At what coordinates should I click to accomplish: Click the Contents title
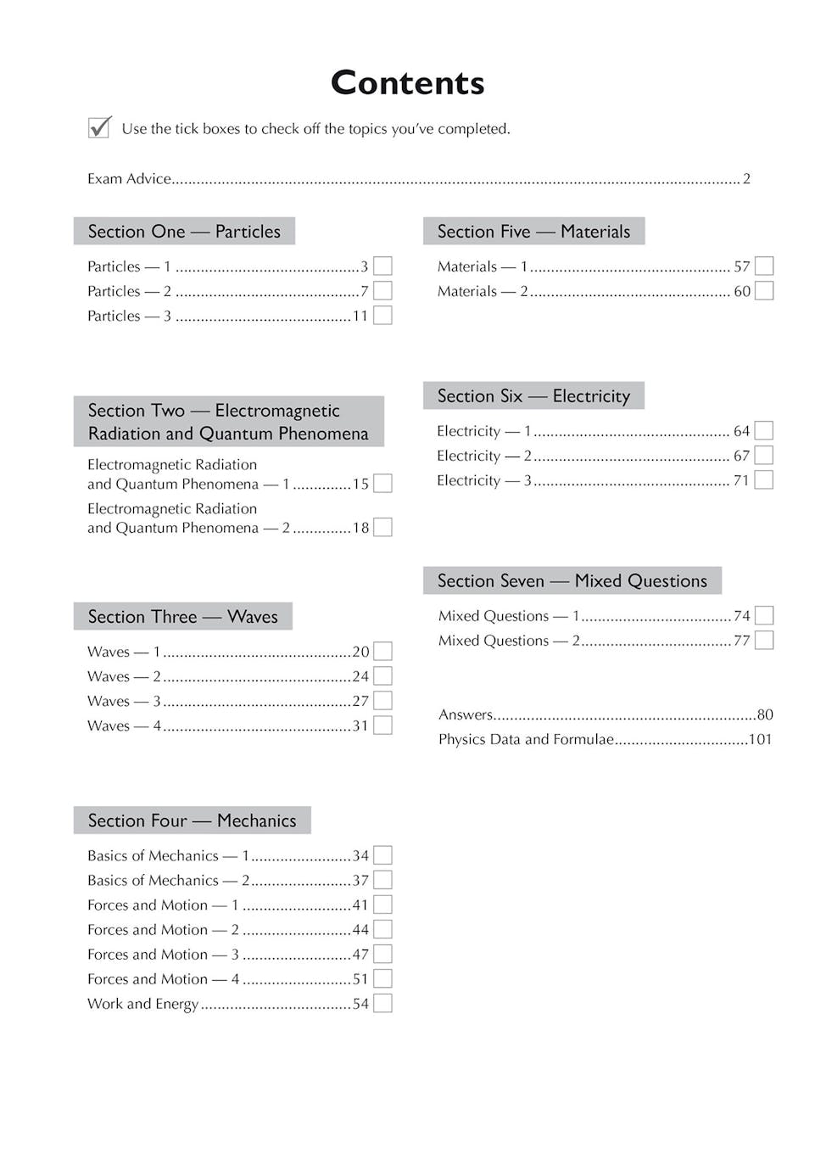pyautogui.click(x=407, y=83)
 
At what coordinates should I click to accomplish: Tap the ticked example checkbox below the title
pyautogui.click(x=99, y=127)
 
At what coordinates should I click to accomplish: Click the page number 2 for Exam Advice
pyautogui.click(x=746, y=179)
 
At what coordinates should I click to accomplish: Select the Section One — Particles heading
pyautogui.click(x=184, y=232)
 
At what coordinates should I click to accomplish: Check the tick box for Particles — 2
pyautogui.click(x=382, y=291)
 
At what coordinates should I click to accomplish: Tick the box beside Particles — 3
pyautogui.click(x=382, y=316)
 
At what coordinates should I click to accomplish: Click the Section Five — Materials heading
pyautogui.click(x=533, y=232)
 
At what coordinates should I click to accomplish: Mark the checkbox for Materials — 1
pyautogui.click(x=763, y=266)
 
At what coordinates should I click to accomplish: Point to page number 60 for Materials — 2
pyautogui.click(x=742, y=291)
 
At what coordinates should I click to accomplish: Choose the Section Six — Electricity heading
pyautogui.click(x=533, y=396)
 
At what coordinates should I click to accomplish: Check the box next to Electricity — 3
pyautogui.click(x=763, y=480)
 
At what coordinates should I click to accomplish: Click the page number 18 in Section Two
pyautogui.click(x=360, y=528)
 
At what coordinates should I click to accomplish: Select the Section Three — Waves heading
pyautogui.click(x=182, y=617)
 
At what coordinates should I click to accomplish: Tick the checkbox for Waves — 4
pyautogui.click(x=382, y=725)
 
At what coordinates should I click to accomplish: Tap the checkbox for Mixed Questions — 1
pyautogui.click(x=763, y=615)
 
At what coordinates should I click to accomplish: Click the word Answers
pyautogui.click(x=466, y=714)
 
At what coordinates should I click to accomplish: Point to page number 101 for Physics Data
pyautogui.click(x=760, y=739)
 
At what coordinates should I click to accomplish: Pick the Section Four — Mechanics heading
pyautogui.click(x=192, y=821)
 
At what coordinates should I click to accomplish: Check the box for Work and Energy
pyautogui.click(x=382, y=1004)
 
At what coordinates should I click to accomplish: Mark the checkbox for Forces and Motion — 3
pyautogui.click(x=382, y=955)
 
